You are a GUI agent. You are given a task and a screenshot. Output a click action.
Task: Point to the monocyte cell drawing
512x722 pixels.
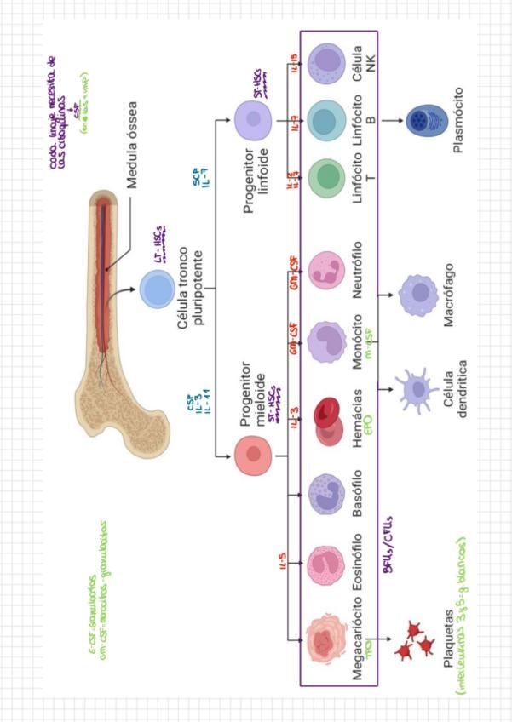[x=327, y=341]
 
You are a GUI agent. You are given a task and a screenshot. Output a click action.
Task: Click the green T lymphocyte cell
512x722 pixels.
[x=327, y=178]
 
